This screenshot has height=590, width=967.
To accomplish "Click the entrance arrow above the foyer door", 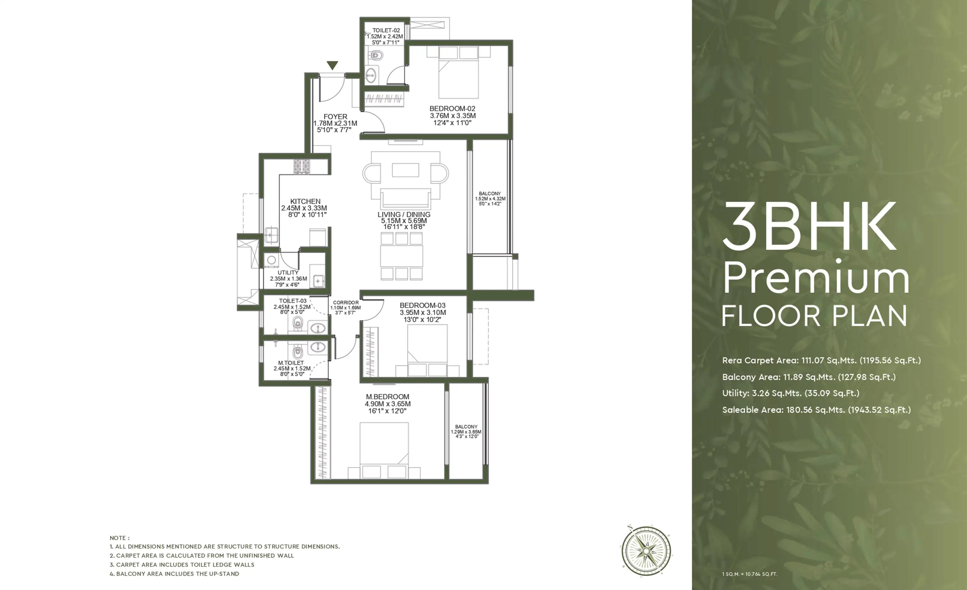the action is click(x=332, y=66).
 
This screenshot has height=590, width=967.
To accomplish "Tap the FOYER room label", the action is click(x=335, y=117).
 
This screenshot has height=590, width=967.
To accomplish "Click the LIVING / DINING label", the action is click(x=404, y=214).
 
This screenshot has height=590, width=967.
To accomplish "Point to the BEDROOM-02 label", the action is click(x=452, y=108).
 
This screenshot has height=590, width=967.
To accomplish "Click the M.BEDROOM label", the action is click(x=387, y=396).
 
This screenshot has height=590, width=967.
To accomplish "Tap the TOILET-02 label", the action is click(x=386, y=30).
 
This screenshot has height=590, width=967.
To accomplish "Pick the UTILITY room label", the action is click(x=288, y=272).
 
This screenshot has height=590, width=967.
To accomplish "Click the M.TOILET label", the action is click(x=291, y=363).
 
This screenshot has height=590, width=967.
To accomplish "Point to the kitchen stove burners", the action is click(x=301, y=166).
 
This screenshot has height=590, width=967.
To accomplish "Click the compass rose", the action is click(x=646, y=551).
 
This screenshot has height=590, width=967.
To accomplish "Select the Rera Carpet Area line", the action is click(x=821, y=360).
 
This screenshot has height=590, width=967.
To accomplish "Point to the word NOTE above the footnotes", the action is click(x=119, y=538).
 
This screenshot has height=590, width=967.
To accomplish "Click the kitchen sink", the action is click(x=271, y=235).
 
